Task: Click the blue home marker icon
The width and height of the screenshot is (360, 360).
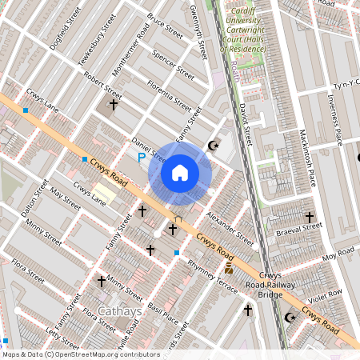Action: click(x=180, y=173)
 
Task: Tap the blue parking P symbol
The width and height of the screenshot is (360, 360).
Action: click(x=142, y=158)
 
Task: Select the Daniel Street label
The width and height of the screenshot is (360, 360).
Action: click(x=148, y=150)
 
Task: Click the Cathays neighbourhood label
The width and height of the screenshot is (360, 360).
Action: click(x=119, y=312)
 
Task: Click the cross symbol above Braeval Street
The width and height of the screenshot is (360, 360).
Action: click(x=309, y=217)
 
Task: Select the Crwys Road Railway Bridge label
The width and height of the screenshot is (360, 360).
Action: click(x=270, y=284)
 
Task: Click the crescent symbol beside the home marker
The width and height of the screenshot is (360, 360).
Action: click(x=213, y=146)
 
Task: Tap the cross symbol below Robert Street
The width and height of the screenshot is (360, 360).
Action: click(x=114, y=104)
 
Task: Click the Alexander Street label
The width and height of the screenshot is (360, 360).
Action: click(x=230, y=229)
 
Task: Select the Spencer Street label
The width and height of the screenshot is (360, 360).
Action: click(x=173, y=67)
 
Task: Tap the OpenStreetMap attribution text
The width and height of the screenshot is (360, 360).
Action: click(x=81, y=354)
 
